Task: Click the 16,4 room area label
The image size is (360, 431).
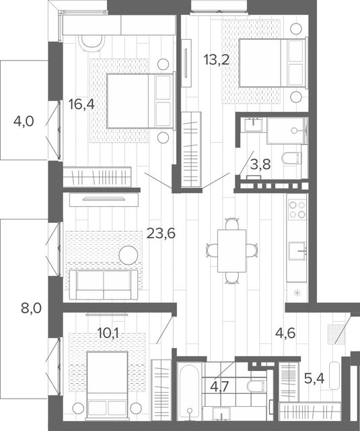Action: pos(81,104)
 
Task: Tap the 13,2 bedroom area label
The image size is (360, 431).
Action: pos(217,60)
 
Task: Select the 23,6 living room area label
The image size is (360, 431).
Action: pos(161,234)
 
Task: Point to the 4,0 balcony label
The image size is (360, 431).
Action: pos(24,121)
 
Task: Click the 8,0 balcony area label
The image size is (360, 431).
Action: pos(32,308)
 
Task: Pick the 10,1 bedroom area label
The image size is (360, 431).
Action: pos(108,333)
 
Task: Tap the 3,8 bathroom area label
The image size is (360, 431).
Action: pos(260,164)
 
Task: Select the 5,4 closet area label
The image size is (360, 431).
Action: pos(314,378)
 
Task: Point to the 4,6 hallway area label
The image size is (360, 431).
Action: pos(285,333)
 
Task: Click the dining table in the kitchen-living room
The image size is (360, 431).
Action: pos(231,251)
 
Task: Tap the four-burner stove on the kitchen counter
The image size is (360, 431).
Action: pos(297,209)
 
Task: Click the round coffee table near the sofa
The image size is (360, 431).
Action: pos(129,255)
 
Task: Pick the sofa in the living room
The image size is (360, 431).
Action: pos(104,284)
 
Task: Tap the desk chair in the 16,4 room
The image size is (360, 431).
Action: pos(92,43)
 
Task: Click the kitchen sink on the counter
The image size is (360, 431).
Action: pos(297,251)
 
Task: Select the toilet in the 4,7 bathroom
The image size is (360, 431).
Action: pos(256,386)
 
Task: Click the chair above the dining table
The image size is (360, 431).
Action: pos(232,224)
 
